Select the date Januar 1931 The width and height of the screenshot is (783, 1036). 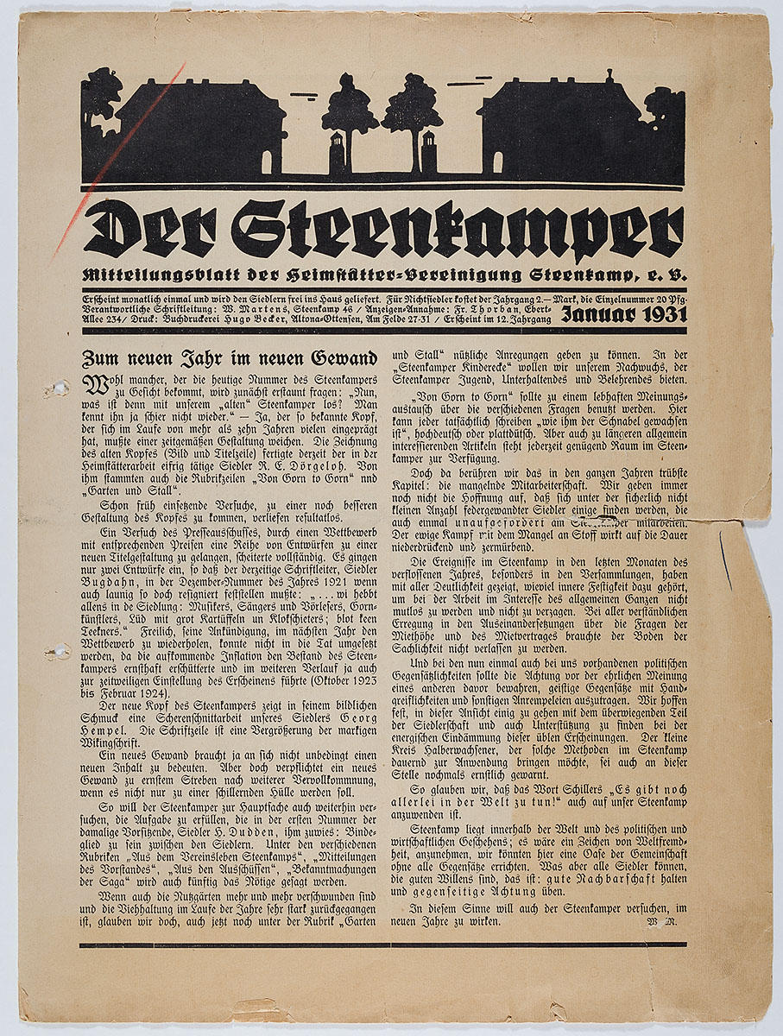[624, 315]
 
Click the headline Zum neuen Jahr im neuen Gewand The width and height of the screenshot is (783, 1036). [229, 357]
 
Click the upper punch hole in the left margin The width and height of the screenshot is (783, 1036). [58, 389]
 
